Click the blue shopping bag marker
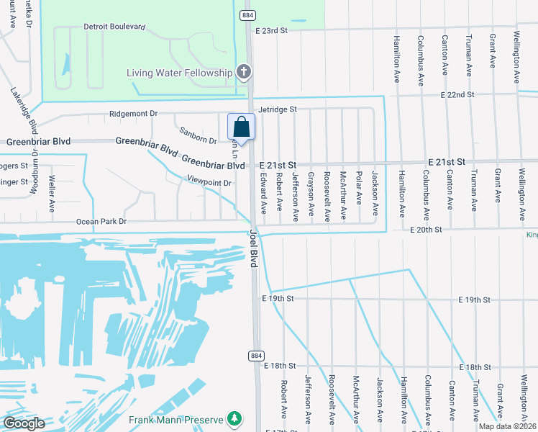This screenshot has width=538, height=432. point(242,127)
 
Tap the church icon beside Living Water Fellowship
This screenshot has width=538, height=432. point(245,72)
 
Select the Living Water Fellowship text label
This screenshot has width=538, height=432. point(179,73)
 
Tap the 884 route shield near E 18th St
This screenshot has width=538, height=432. point(256,356)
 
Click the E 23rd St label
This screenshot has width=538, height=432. point(271,31)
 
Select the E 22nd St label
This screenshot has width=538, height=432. point(457,94)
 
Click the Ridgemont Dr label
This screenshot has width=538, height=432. point(133,114)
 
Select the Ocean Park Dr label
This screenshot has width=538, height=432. point(101,222)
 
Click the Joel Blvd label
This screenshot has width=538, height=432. point(254,248)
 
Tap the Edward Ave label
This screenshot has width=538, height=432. point(263,192)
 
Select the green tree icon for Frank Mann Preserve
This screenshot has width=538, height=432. point(234,418)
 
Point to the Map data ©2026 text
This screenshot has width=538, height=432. point(506,426)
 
